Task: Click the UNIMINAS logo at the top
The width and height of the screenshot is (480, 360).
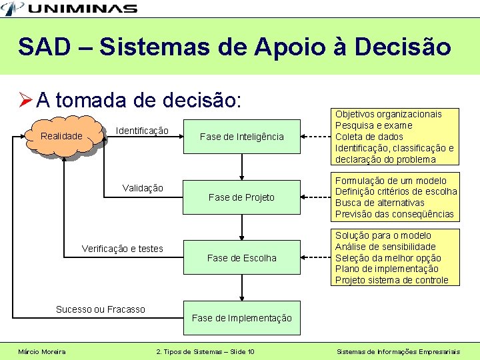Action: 71,9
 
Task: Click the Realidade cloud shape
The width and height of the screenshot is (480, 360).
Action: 62,137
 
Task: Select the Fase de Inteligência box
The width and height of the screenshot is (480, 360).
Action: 241,137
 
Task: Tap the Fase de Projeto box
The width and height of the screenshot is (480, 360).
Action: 241,197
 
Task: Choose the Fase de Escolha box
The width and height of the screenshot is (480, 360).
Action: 241,258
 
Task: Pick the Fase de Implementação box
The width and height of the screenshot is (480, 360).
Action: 241,318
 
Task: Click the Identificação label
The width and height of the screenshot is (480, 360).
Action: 142,130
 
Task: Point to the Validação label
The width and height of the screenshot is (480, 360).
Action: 143,188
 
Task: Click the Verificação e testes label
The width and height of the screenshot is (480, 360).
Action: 122,249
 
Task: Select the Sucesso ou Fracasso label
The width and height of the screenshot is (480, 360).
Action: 100,309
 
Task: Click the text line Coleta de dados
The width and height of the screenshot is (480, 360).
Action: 369,137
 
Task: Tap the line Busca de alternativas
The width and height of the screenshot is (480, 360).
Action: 379,203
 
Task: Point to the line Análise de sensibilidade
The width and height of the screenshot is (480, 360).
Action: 385,247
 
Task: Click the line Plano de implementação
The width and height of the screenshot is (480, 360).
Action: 387,269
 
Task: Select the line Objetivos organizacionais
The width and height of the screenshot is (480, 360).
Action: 388,114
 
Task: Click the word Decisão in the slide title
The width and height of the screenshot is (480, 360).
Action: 403,47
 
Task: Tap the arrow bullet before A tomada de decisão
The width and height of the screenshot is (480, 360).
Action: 26,101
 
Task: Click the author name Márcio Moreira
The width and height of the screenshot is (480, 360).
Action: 42,351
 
